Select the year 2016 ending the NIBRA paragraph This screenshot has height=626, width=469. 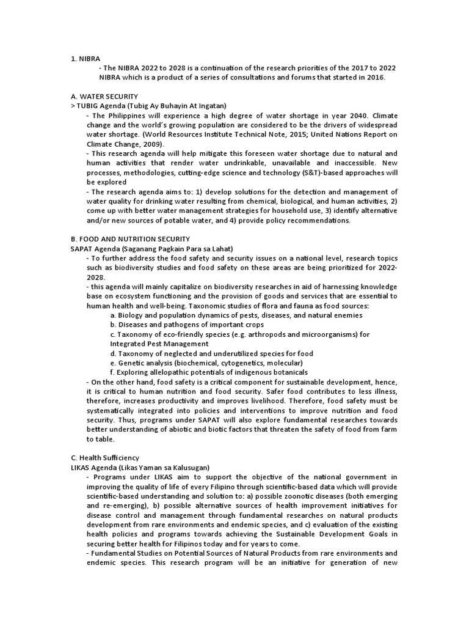(375, 78)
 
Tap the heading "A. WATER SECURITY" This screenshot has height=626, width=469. (104, 97)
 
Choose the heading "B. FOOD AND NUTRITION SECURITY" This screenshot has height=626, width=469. (130, 238)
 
